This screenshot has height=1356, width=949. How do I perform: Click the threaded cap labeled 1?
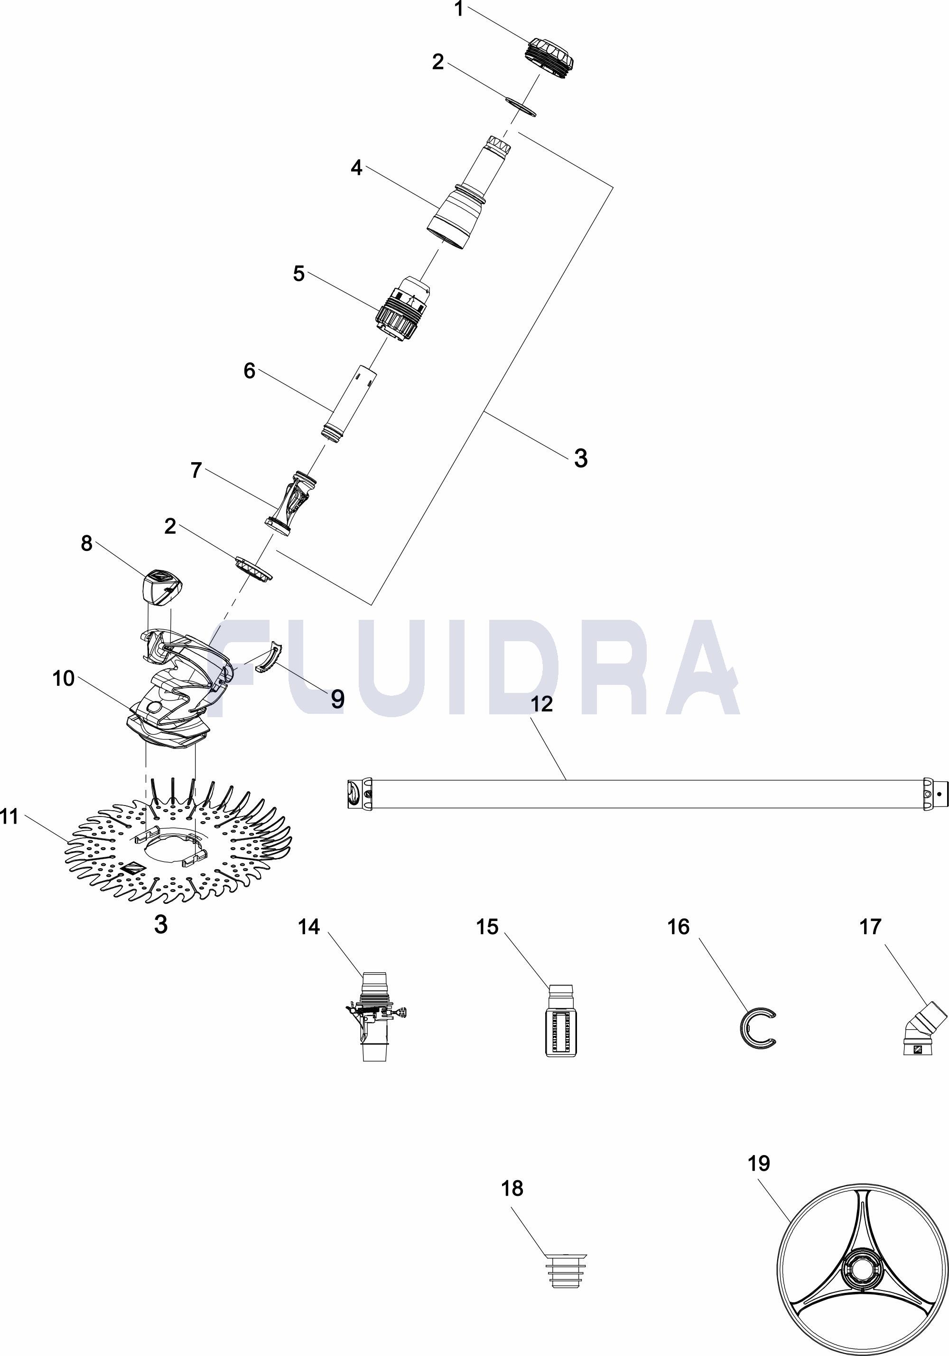coord(549,60)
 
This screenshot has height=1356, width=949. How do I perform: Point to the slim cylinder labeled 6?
coord(351,402)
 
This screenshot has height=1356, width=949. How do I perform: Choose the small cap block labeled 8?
coord(162,587)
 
